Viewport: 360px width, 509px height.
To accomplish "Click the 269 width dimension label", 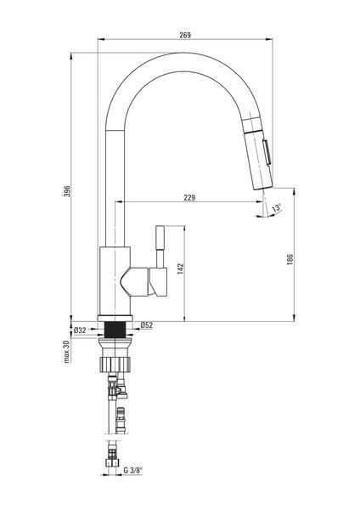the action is (185, 35).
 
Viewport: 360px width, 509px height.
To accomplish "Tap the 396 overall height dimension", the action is (67, 191).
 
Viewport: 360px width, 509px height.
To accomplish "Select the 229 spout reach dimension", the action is (189, 197).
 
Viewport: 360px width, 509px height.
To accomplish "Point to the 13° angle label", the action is (277, 207).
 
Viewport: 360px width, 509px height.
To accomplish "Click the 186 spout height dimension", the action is (290, 259).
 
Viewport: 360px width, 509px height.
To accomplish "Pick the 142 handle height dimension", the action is (180, 269).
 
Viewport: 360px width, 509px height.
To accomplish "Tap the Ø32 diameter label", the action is (80, 331).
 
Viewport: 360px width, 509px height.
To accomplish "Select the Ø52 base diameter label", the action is (147, 325).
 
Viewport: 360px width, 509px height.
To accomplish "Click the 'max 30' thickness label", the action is (67, 352).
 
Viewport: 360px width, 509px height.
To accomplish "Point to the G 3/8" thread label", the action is (133, 470).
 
